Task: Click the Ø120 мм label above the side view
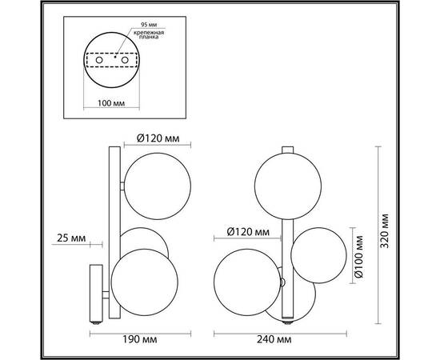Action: click(x=152, y=138)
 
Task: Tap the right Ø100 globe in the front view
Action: click(x=317, y=253)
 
